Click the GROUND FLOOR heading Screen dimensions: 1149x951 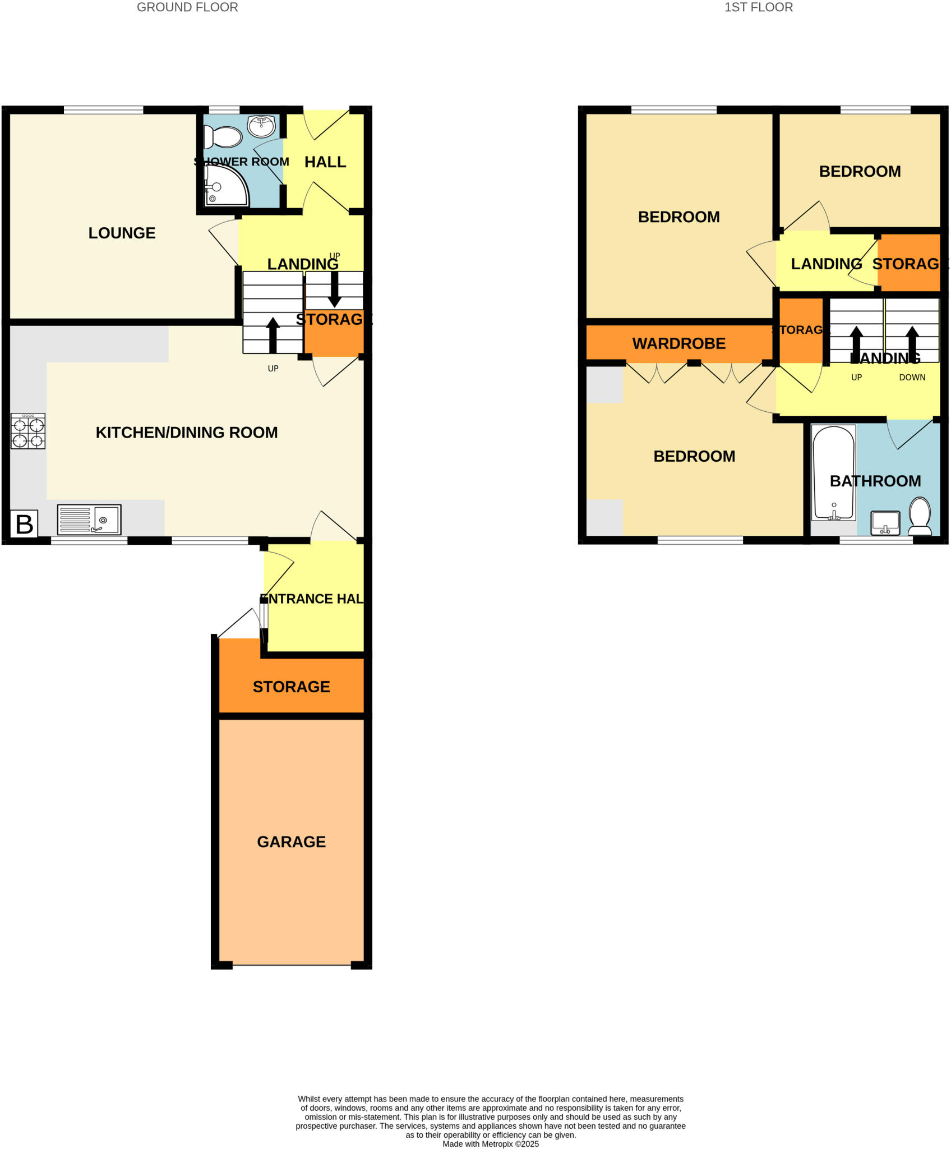pyautogui.click(x=187, y=7)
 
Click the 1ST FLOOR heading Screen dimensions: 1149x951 pyautogui.click(x=758, y=7)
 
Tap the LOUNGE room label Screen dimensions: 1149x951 pyautogui.click(x=122, y=233)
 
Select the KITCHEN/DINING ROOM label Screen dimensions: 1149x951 pyautogui.click(x=187, y=433)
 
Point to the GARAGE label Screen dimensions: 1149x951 pyautogui.click(x=291, y=842)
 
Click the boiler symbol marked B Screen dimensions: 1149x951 pyautogui.click(x=24, y=524)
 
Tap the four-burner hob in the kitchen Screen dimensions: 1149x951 pyautogui.click(x=28, y=431)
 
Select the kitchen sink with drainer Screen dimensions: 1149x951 pyautogui.click(x=89, y=520)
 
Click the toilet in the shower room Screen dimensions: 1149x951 pyautogui.click(x=223, y=137)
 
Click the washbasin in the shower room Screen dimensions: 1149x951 pyautogui.click(x=261, y=126)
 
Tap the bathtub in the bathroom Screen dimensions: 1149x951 pyautogui.click(x=834, y=472)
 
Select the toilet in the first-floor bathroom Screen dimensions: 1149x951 pyautogui.click(x=920, y=516)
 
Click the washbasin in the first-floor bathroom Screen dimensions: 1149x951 pyautogui.click(x=885, y=523)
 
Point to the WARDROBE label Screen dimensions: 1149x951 pyautogui.click(x=678, y=343)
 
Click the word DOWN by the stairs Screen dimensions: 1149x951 pyautogui.click(x=912, y=378)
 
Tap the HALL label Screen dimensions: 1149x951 pyautogui.click(x=325, y=162)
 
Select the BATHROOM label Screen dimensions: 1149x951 pyautogui.click(x=875, y=481)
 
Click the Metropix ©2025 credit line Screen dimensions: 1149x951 pyautogui.click(x=491, y=1144)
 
